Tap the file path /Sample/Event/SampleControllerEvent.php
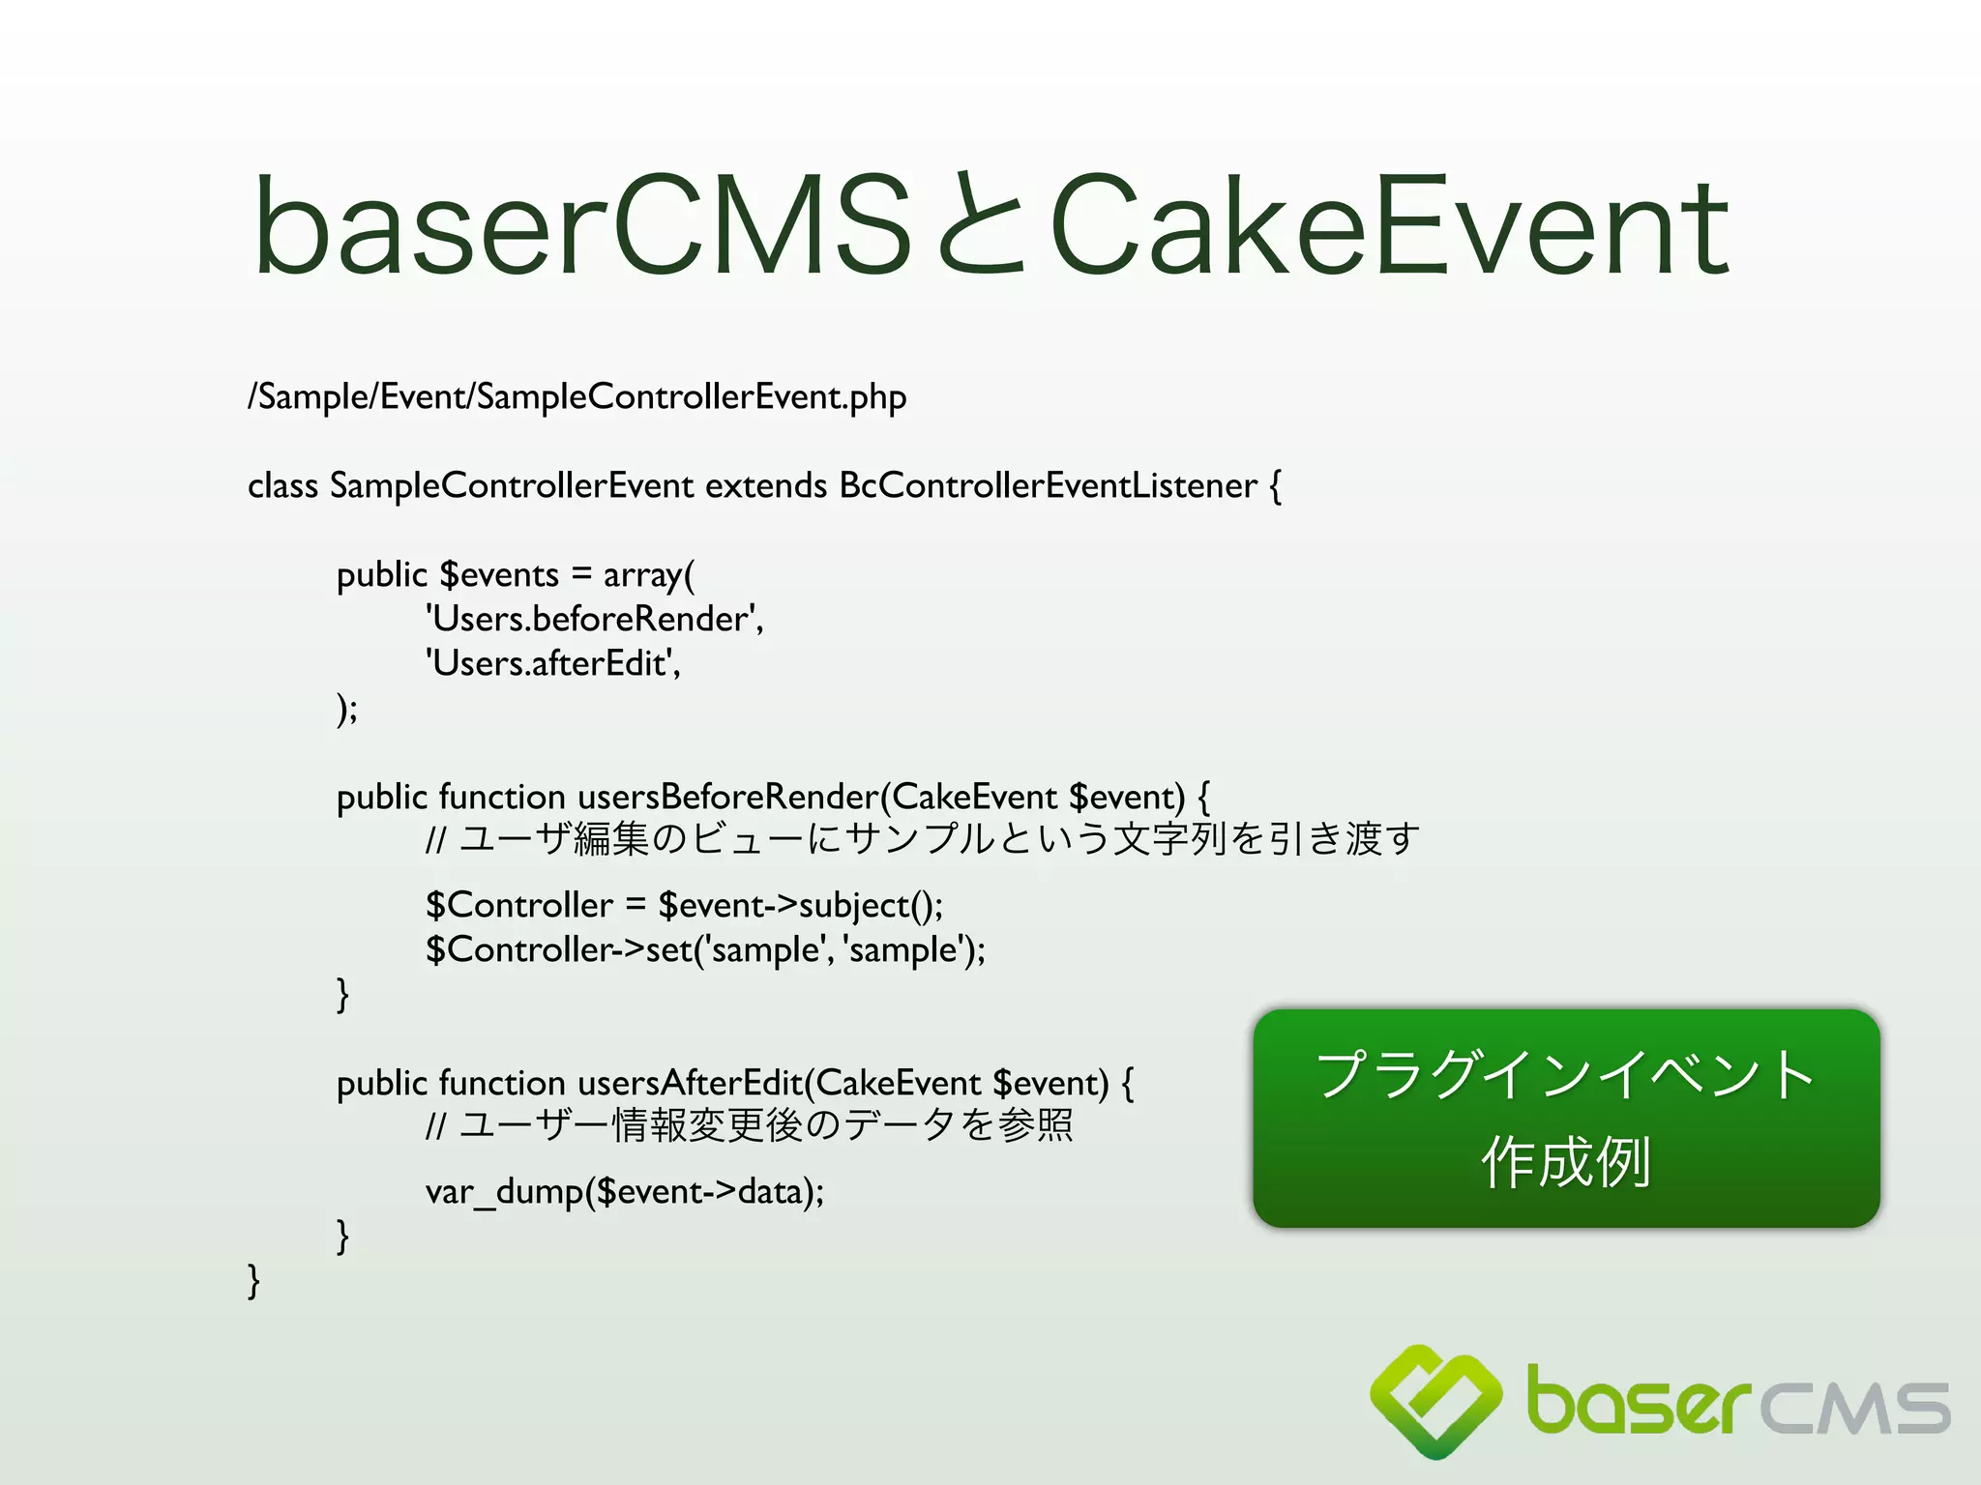(x=577, y=397)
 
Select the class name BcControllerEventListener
(x=1048, y=485)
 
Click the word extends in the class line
(x=766, y=485)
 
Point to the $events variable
(x=499, y=575)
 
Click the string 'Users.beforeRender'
(x=594, y=619)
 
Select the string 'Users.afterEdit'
(x=551, y=663)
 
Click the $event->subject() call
(x=800, y=905)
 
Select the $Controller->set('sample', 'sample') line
(x=705, y=949)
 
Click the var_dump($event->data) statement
(x=625, y=1191)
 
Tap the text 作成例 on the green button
(x=1565, y=1161)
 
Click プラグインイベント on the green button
(x=1565, y=1074)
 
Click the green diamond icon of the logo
(x=1436, y=1399)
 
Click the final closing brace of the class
(x=253, y=1280)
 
